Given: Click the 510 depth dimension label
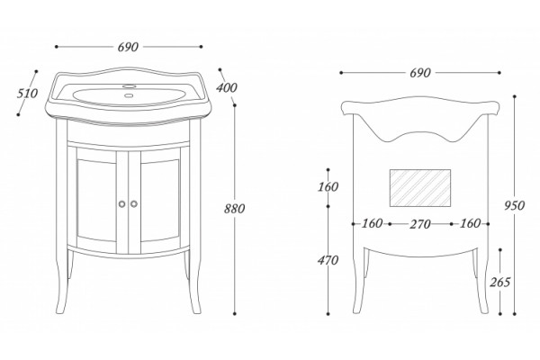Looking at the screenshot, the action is coord(27,94).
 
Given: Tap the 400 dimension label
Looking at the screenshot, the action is coord(227,87).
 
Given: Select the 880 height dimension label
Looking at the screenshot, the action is coord(234,209).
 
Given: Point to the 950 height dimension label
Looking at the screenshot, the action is coord(514,206).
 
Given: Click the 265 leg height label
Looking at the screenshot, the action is coord(500,282).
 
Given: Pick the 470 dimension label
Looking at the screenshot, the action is coord(328,260).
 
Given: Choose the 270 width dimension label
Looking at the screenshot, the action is coord(420,224).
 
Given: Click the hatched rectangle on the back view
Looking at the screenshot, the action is coord(420,188).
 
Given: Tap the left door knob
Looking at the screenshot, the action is coord(121,204).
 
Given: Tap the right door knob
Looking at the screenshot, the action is coord(134,204).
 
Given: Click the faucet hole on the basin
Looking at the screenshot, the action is coord(130,85).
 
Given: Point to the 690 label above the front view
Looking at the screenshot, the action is coord(128,47).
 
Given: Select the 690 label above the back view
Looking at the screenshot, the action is coord(420,73).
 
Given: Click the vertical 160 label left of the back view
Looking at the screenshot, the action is coord(328,187).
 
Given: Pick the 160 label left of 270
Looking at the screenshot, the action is coord(372,223).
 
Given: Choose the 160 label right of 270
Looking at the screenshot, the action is coord(471,223).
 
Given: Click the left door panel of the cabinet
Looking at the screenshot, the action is coord(96,200).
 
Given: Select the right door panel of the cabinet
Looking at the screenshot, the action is coord(160,200).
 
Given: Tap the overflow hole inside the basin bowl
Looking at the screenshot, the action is coord(130,96).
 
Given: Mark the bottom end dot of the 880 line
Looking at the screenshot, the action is coord(235,314).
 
